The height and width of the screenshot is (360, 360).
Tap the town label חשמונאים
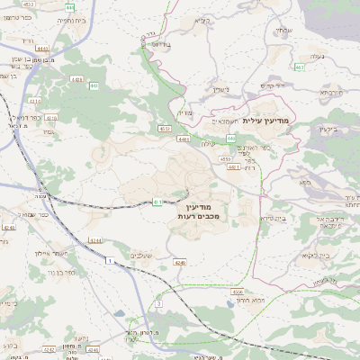pos(222,121)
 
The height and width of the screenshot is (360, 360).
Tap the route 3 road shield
pos(158,304)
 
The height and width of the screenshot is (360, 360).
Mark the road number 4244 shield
pos(95,240)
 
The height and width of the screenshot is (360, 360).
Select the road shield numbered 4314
pos(51,117)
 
